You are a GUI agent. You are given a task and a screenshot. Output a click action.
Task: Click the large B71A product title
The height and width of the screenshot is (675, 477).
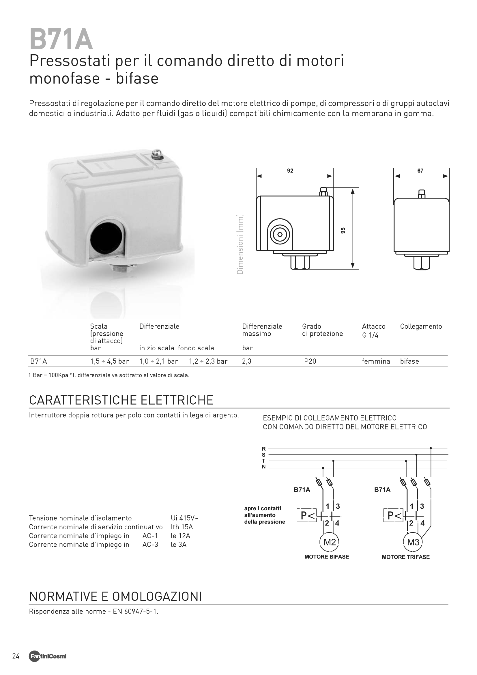pos(61,40)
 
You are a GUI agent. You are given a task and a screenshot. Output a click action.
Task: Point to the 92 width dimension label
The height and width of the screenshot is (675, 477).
pos(290,171)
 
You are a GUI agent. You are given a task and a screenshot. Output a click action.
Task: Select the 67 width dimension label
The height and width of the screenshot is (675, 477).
pos(420,171)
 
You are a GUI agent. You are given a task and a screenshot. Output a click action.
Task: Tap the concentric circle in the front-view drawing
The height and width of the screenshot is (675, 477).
pos(280,235)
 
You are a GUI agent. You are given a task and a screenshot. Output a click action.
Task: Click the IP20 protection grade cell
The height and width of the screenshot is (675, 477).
pos(309,361)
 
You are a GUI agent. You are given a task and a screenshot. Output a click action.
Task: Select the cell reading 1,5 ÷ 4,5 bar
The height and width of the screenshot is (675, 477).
pos(109,361)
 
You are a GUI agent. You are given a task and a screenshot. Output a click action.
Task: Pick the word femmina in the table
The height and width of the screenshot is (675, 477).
pos(376,361)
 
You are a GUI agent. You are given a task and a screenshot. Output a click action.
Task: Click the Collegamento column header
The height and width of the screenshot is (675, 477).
pos(421,326)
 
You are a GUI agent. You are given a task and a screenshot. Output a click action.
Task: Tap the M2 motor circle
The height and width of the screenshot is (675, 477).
pos(330,542)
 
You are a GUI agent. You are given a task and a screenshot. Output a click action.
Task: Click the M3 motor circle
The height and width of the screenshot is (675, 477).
pos(413,542)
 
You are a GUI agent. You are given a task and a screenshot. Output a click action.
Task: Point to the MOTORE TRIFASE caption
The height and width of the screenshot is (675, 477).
pos(406,557)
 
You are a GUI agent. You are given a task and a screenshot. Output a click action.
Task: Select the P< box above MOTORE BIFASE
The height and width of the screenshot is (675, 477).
pos(306,515)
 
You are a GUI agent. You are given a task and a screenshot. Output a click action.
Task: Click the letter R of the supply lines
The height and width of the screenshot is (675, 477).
pos(264,449)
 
